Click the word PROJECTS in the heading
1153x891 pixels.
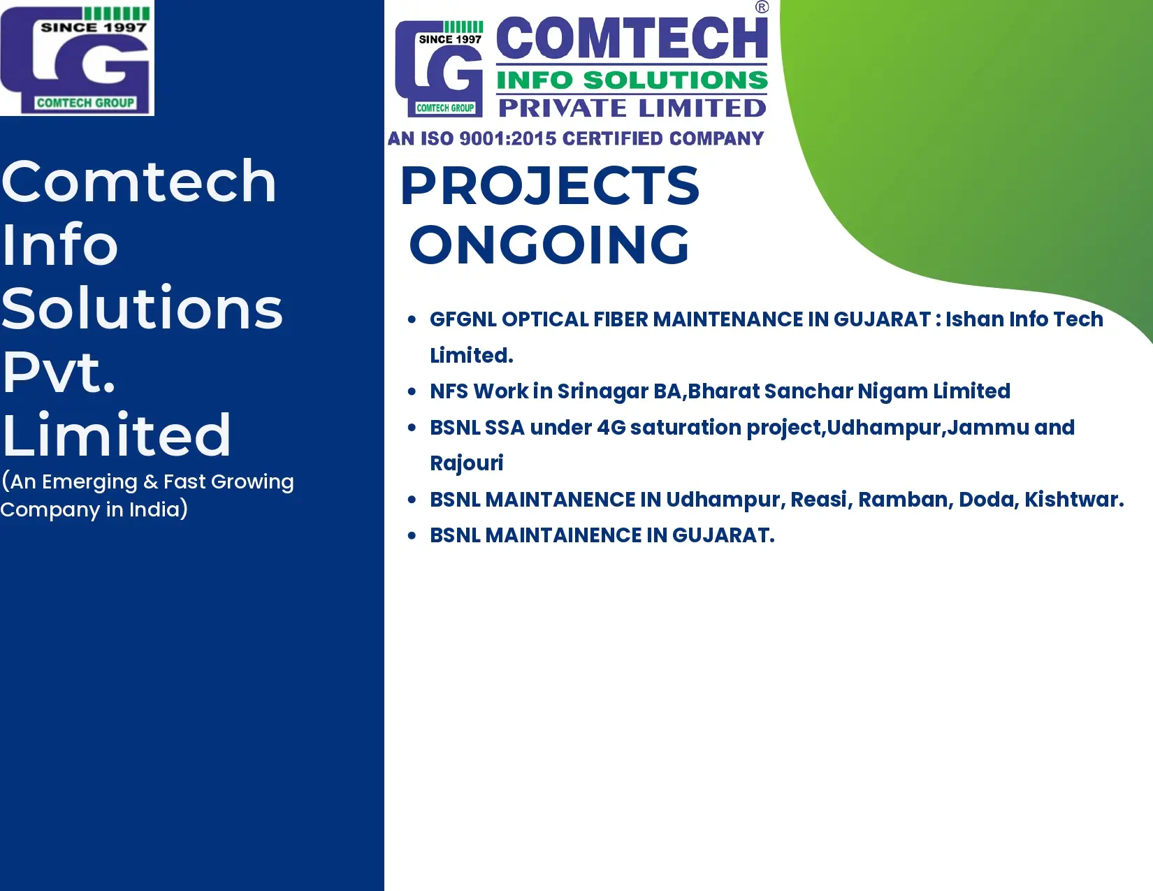click(x=550, y=185)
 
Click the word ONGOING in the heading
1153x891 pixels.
click(x=549, y=245)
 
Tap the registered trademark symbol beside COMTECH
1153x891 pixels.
click(x=762, y=7)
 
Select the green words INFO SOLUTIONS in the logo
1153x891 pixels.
click(x=632, y=80)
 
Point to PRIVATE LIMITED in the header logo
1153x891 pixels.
click(x=632, y=108)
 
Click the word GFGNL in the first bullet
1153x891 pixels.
click(x=463, y=319)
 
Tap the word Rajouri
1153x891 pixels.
click(x=466, y=463)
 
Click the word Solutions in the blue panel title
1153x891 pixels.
click(x=142, y=308)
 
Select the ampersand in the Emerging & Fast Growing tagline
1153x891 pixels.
click(x=151, y=482)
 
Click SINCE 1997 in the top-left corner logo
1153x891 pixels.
click(x=94, y=27)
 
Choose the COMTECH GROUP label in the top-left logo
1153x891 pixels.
click(x=85, y=103)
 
